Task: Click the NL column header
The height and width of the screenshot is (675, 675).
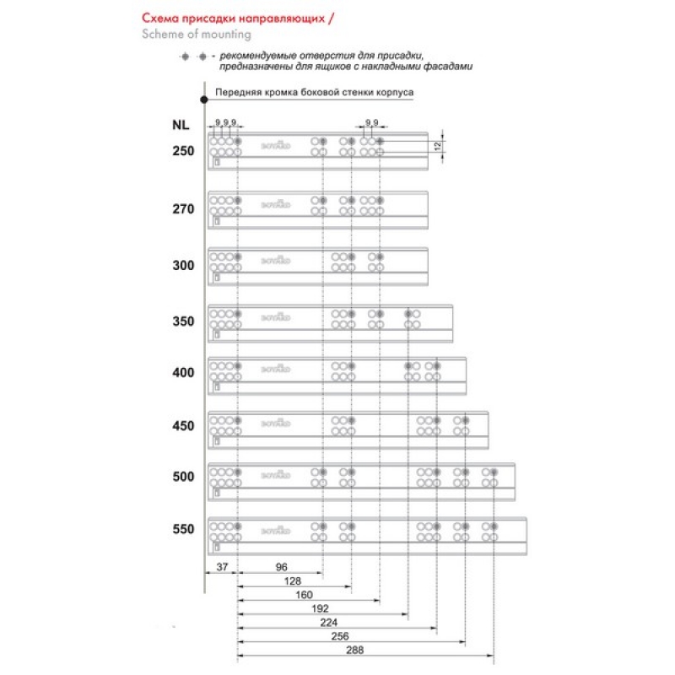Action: point(180,126)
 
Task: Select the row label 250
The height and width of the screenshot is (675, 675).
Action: point(183,152)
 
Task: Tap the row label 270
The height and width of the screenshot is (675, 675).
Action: point(183,208)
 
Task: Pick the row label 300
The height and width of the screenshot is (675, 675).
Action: point(183,265)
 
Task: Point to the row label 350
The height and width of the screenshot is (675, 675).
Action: point(183,321)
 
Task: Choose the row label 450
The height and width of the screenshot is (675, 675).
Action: point(183,426)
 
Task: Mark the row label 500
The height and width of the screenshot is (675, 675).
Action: point(183,477)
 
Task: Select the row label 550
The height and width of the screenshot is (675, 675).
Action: point(183,530)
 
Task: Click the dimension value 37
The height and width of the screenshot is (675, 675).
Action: point(222,567)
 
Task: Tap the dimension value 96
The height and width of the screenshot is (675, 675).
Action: point(282,567)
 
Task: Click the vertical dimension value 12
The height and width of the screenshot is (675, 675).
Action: point(438,147)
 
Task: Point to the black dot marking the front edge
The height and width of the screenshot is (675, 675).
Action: point(205,100)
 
